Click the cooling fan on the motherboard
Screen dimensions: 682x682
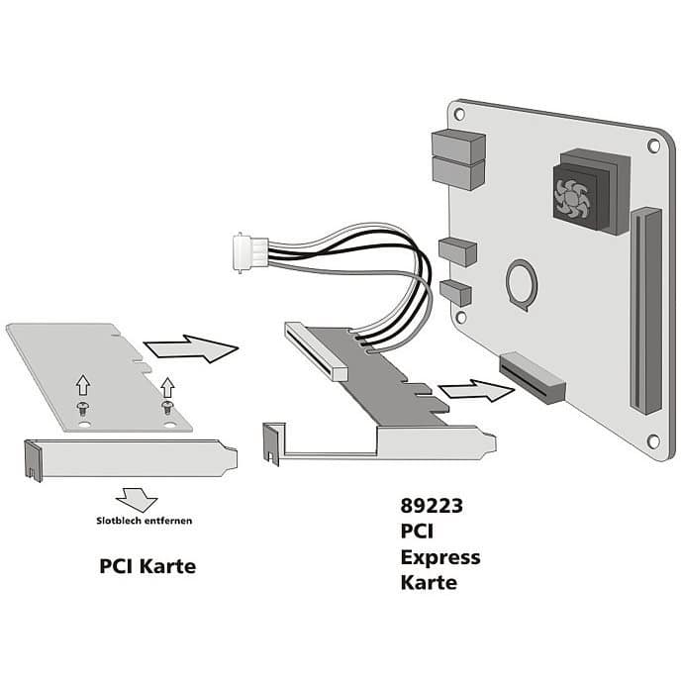click(573, 198)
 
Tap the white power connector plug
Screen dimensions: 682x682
click(250, 251)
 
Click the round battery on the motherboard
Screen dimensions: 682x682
click(521, 285)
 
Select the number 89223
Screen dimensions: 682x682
click(432, 506)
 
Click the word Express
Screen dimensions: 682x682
click(440, 557)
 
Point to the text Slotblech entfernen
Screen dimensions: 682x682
click(144, 521)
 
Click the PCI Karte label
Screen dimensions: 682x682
click(147, 566)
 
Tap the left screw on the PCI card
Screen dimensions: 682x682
click(82, 409)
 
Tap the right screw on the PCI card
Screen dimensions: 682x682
click(167, 408)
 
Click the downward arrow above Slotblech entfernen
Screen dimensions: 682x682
click(137, 499)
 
